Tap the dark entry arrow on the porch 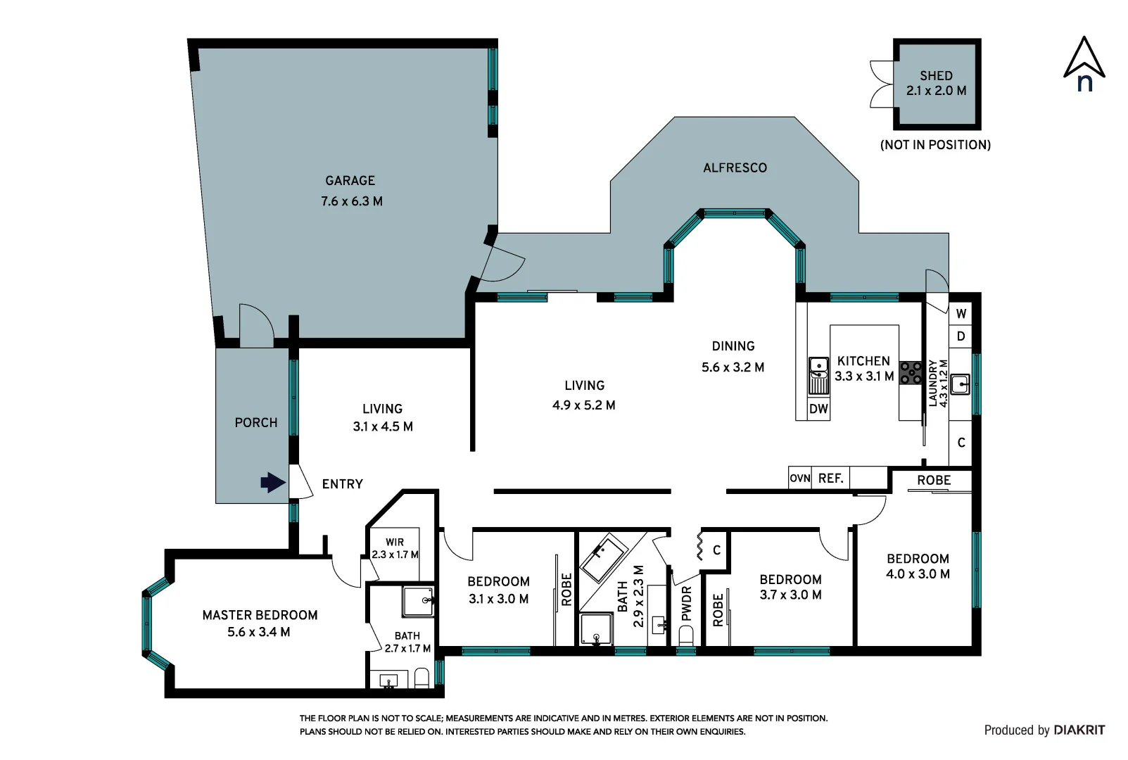pos(273,483)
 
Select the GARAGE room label pos(350,181)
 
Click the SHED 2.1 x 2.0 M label pos(936,83)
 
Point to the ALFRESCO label pos(735,168)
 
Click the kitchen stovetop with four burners pos(911,373)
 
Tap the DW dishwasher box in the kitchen pos(818,409)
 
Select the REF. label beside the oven pos(830,479)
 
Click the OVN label pos(799,479)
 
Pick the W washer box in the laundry pos(961,314)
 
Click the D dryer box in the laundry pos(961,336)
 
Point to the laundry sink pos(960,384)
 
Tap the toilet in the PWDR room pos(686,636)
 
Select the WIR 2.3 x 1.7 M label pos(395,548)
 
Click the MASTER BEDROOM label pos(260,615)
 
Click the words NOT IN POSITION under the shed pos(935,145)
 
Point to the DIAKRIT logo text pos(1079,730)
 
